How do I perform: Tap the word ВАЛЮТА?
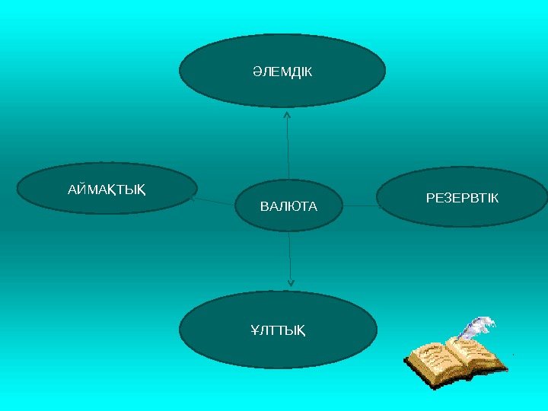[289, 206]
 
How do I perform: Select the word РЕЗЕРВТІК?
[462, 199]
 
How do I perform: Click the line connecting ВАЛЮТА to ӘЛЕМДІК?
[288, 152]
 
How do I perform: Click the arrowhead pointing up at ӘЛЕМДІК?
[287, 115]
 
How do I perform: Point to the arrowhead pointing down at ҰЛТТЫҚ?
[290, 282]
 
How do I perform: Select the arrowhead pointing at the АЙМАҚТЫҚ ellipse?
[196, 199]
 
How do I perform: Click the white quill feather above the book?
[478, 327]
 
